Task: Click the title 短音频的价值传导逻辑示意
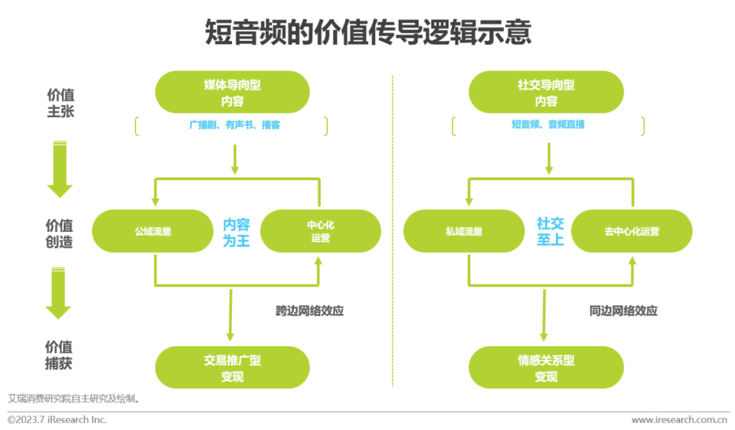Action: (368, 33)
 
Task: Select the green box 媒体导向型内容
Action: (232, 93)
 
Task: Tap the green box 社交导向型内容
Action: (546, 93)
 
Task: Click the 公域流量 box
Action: (153, 231)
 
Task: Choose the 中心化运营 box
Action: (321, 231)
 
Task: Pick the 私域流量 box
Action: (464, 231)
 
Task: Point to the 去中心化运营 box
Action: (632, 231)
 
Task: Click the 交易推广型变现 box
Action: (232, 367)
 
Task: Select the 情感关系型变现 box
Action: (546, 367)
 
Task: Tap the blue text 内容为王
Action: (237, 232)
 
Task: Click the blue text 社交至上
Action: (550, 232)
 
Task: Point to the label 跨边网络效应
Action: (310, 311)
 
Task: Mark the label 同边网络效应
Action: (623, 311)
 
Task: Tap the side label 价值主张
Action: (60, 103)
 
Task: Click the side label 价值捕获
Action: (59, 355)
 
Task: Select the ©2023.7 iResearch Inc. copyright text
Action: (57, 420)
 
